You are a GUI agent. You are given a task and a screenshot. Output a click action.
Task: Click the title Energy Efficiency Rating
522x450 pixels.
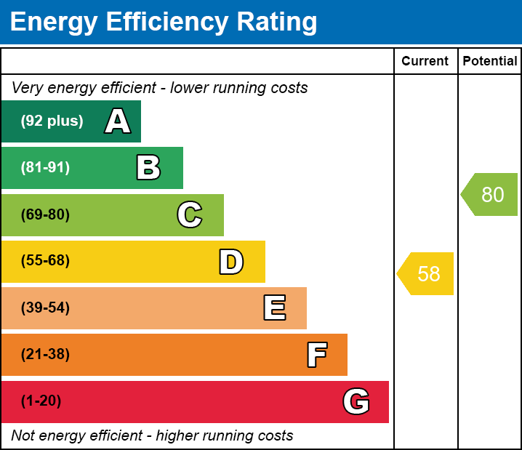(x=164, y=23)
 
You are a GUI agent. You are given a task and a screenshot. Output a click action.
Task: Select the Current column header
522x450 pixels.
(x=425, y=62)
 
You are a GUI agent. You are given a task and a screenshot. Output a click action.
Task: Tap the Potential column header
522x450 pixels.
(x=490, y=62)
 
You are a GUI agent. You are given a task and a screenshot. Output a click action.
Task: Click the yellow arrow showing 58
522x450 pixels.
(x=427, y=274)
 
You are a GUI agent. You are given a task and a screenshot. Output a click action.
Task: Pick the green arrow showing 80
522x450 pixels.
(x=491, y=195)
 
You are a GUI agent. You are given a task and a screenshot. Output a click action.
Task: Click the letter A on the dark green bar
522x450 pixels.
(x=118, y=121)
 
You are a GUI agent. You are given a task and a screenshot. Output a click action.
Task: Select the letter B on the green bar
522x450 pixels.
(x=148, y=168)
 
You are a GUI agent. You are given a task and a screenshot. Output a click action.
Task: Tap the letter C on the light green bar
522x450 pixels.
(x=190, y=214)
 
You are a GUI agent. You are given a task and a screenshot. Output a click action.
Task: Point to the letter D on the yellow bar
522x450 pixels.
(x=231, y=262)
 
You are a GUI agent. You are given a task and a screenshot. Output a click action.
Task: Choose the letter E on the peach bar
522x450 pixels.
(x=274, y=308)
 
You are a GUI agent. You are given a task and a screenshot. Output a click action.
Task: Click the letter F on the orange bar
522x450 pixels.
(x=316, y=355)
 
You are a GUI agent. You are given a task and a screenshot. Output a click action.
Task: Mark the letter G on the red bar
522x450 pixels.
(x=356, y=401)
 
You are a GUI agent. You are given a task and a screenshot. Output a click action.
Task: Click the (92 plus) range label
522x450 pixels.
(x=52, y=121)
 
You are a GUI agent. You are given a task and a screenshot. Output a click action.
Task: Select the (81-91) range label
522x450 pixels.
(x=45, y=168)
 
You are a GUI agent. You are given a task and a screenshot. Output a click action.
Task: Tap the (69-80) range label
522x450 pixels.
(x=45, y=214)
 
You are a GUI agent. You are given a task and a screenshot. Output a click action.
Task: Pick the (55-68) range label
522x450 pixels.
(x=45, y=261)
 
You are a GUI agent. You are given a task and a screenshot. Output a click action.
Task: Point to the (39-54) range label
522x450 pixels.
(x=45, y=308)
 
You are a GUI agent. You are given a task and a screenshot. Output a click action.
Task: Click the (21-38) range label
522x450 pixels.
(x=45, y=355)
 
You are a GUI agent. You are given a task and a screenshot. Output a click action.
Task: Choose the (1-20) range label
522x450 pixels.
(x=41, y=401)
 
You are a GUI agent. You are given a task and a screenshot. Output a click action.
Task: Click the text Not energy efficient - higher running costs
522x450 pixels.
(x=153, y=436)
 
